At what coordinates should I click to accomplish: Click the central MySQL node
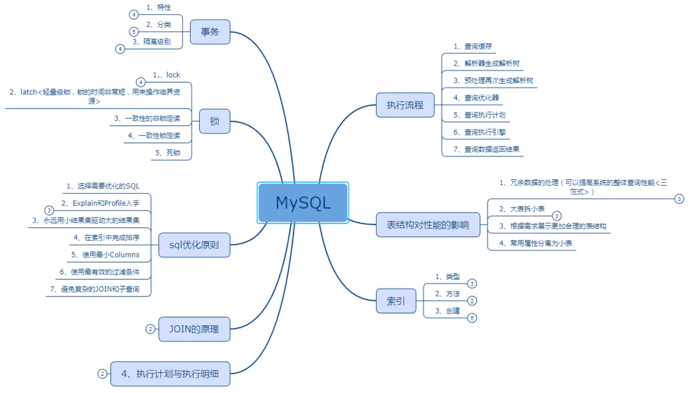click(303, 202)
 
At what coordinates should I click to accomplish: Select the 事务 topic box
click(210, 32)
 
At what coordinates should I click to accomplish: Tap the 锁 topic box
click(215, 121)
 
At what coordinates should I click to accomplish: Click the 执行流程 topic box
click(405, 105)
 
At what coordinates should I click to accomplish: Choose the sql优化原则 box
click(195, 245)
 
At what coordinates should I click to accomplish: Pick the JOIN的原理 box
click(195, 329)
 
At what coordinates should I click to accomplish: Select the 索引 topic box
click(396, 301)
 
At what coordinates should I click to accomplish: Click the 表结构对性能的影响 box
click(428, 225)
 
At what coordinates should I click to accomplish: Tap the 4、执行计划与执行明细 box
click(171, 373)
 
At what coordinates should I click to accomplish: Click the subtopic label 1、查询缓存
click(473, 47)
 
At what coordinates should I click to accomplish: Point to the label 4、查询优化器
click(476, 98)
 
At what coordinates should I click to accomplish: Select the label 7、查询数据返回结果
click(486, 149)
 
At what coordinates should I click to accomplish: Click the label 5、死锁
click(168, 153)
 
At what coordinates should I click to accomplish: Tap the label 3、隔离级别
click(152, 41)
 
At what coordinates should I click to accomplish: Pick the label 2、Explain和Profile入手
click(100, 203)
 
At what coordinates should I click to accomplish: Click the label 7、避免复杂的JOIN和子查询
click(95, 289)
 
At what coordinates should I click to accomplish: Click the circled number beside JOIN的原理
click(150, 329)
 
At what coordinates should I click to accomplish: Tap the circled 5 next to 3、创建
click(472, 318)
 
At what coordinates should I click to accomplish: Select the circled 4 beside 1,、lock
click(141, 82)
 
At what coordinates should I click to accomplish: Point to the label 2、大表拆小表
click(522, 209)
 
